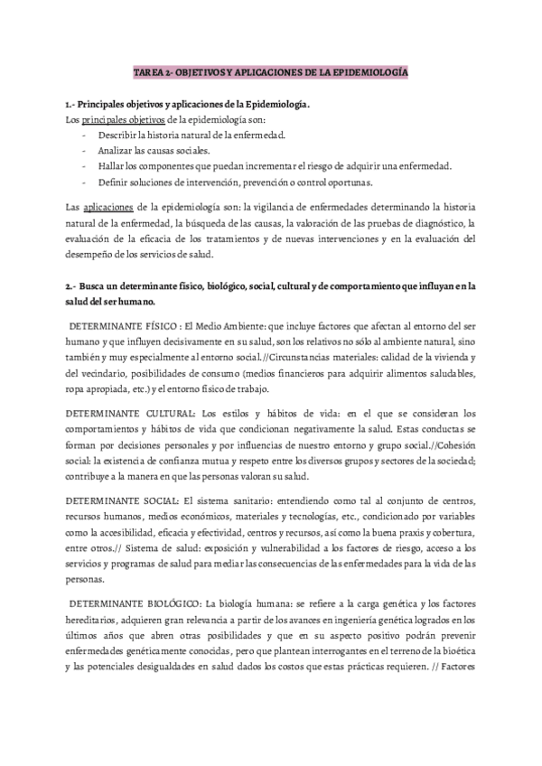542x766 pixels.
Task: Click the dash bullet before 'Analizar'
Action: [84, 151]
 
